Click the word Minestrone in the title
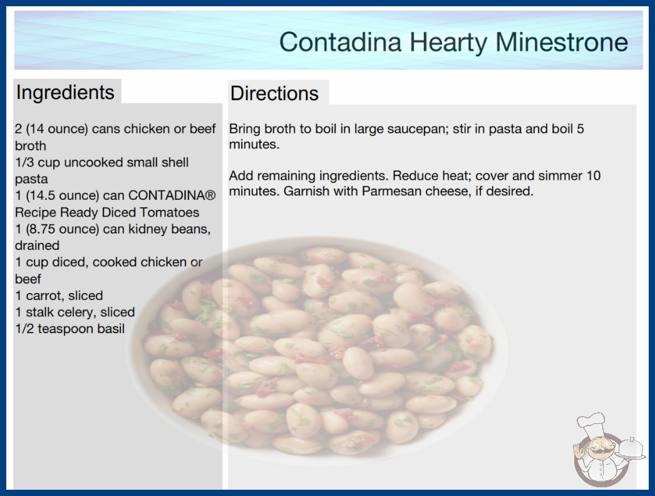coord(562,42)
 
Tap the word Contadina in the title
coord(341,42)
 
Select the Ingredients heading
coord(65,93)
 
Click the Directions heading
coord(274,93)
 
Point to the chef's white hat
coord(591,422)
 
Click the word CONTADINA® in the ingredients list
coord(172,195)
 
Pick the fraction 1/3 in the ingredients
coord(24,162)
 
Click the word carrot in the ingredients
coord(44,296)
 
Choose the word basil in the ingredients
coord(111,329)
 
